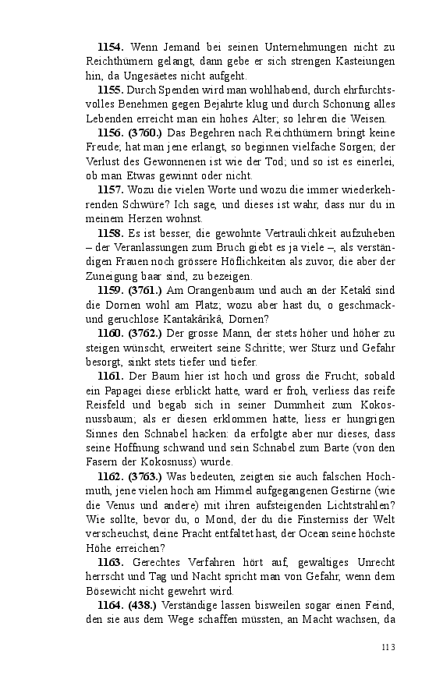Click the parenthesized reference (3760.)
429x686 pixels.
coord(146,133)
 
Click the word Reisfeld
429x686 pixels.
coord(108,405)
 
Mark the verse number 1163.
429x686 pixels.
coord(111,561)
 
